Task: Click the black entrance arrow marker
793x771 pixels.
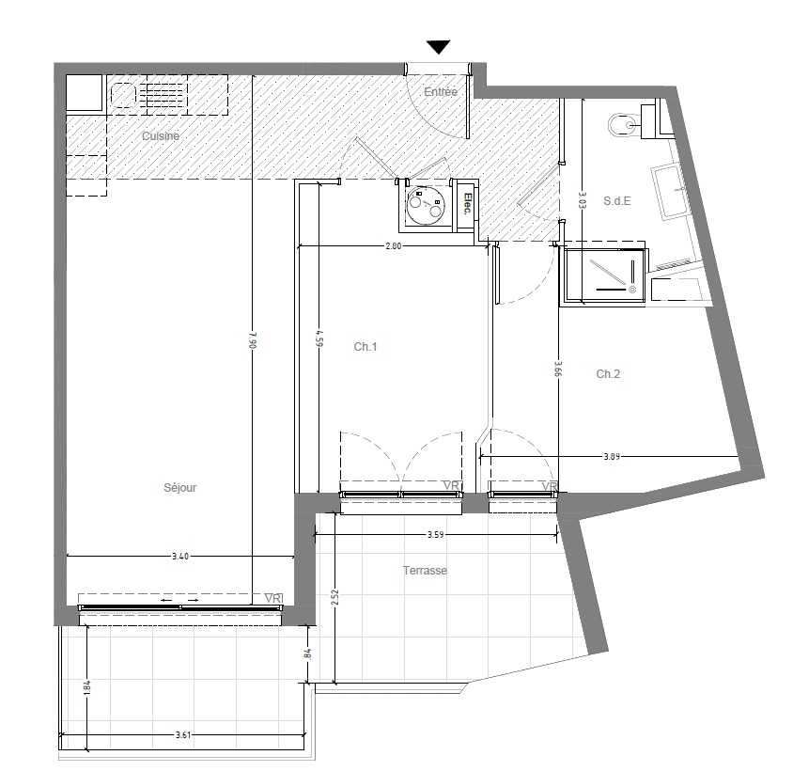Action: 438,47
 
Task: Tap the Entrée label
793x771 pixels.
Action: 441,91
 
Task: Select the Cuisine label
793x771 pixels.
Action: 161,135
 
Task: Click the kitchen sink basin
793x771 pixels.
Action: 123,95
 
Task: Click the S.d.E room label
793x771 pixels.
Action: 617,201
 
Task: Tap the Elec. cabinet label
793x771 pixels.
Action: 467,204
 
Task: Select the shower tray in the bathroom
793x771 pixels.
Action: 604,275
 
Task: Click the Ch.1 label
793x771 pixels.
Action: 365,347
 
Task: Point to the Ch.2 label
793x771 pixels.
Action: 608,374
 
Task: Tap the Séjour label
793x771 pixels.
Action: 180,487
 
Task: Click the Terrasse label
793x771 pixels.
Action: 425,571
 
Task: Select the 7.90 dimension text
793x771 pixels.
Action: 254,340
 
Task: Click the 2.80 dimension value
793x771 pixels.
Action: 393,246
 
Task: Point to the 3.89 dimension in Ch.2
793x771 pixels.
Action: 612,456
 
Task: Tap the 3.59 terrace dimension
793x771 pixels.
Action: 435,534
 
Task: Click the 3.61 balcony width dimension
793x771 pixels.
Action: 183,734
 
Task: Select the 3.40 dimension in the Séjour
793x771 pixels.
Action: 180,557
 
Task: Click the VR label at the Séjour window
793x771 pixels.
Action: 273,598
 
